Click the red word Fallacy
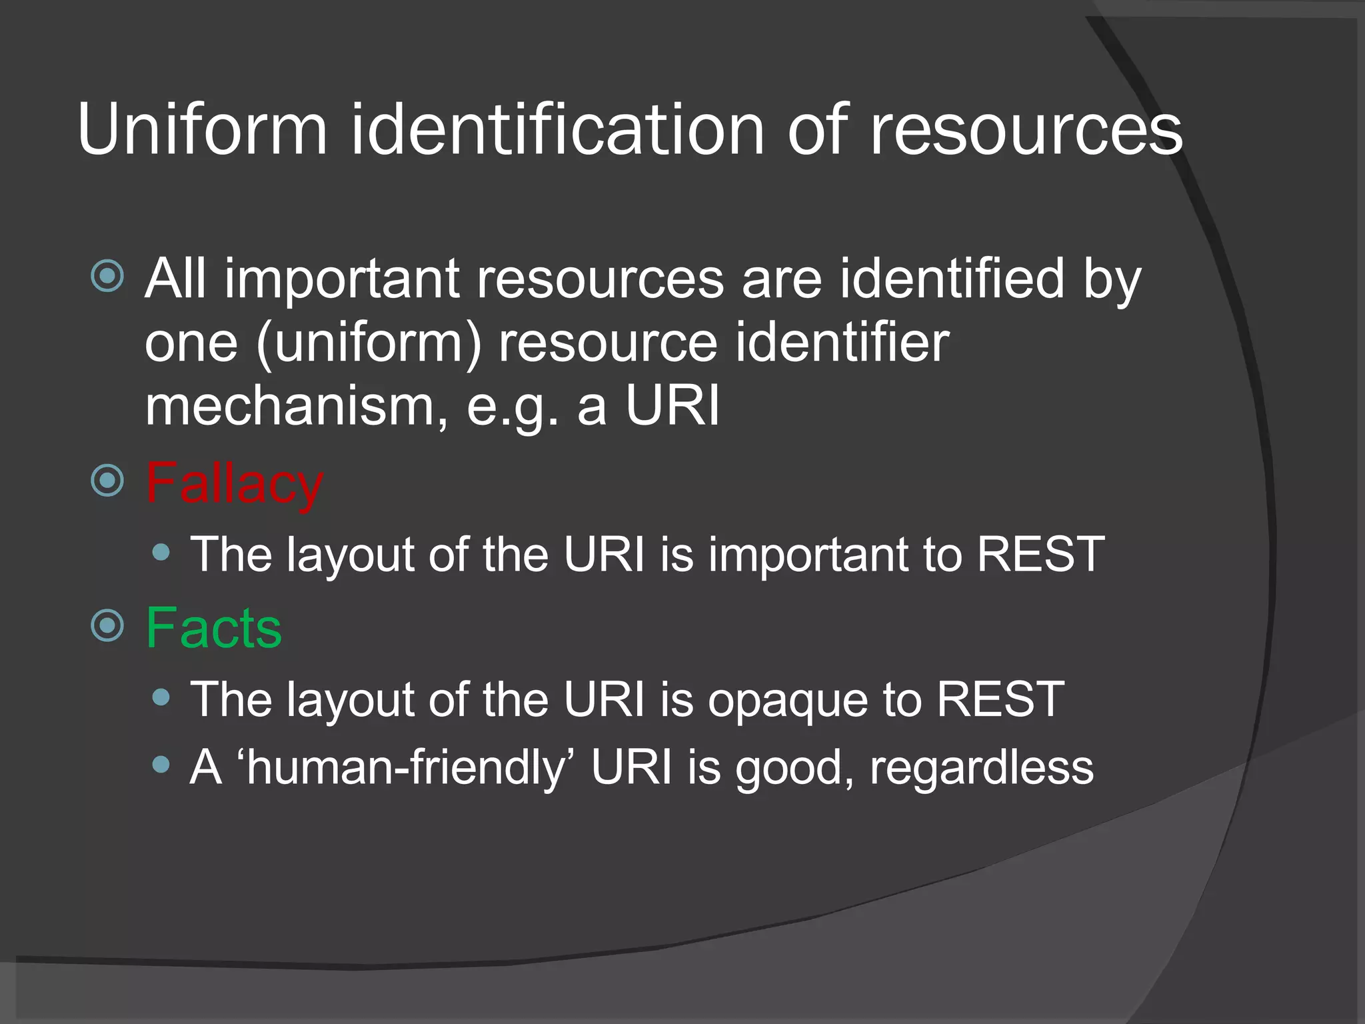point(234,483)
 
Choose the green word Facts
point(213,628)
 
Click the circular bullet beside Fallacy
point(107,480)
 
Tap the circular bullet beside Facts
point(107,625)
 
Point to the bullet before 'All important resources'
point(107,275)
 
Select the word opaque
point(787,699)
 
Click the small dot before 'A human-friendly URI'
point(161,765)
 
